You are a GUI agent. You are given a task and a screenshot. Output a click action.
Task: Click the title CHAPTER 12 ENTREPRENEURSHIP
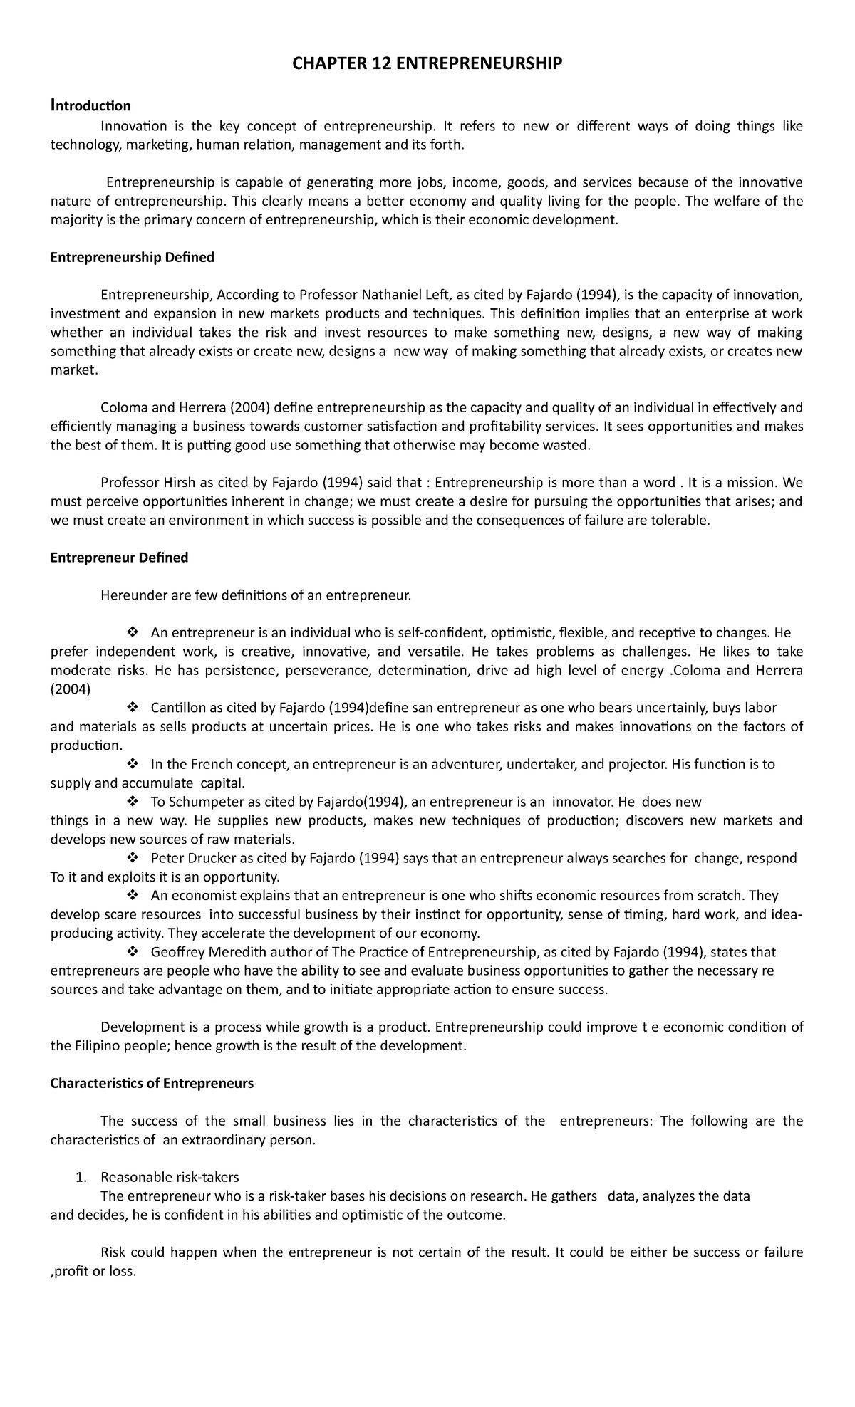427,65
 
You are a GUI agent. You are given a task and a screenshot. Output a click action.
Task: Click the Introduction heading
90,106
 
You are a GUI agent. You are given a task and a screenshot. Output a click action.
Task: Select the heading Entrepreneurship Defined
132,258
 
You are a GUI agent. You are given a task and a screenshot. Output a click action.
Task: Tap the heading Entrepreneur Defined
119,558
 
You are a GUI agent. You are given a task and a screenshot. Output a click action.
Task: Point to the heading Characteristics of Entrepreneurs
152,1084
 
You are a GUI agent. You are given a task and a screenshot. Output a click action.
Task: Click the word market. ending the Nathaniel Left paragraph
71,370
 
